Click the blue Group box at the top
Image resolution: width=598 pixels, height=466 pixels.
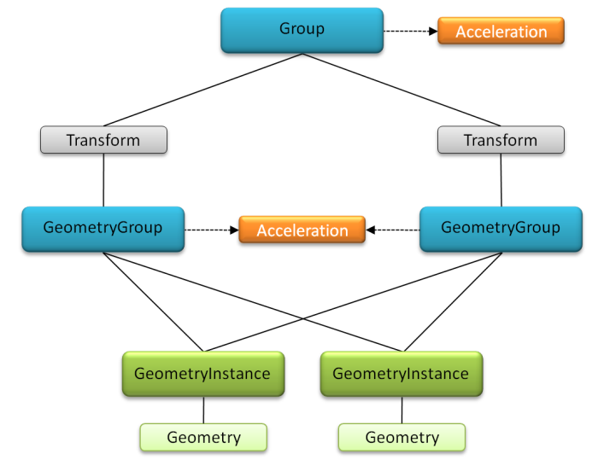click(302, 30)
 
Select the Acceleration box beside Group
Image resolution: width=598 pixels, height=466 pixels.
click(501, 31)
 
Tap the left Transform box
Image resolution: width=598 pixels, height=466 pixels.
click(103, 140)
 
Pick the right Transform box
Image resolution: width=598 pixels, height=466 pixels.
click(501, 140)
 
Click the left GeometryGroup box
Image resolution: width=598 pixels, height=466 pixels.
click(103, 229)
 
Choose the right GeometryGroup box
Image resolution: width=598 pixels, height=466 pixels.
click(501, 229)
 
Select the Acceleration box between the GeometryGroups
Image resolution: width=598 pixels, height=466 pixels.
click(302, 230)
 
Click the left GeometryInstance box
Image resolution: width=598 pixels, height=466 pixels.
click(203, 374)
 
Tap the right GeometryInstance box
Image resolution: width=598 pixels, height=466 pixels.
click(402, 374)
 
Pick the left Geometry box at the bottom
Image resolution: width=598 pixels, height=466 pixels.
click(203, 438)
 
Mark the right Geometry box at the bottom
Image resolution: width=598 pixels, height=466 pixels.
click(402, 438)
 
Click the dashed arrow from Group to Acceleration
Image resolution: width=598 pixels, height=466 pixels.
click(411, 31)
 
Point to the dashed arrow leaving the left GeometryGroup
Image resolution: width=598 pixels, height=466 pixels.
click(212, 230)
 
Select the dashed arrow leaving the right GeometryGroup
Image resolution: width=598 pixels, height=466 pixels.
click(392, 230)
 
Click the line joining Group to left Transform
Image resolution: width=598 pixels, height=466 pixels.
click(203, 90)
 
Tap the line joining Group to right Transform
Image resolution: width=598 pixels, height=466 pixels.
click(402, 90)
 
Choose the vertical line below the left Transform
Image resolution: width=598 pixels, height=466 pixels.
click(103, 180)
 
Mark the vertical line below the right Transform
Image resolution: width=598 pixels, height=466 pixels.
click(501, 180)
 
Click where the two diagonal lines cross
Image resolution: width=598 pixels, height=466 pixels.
click(302, 317)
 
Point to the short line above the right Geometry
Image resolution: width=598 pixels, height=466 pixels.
click(402, 410)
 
